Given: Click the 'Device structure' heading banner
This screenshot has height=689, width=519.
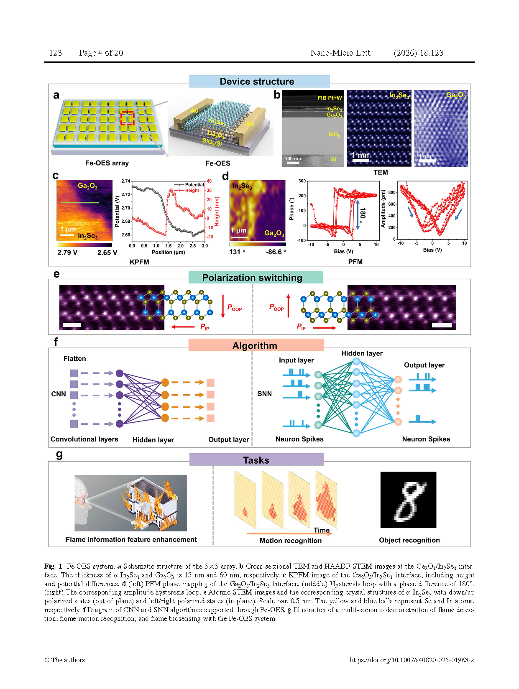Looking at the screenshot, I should [257, 82].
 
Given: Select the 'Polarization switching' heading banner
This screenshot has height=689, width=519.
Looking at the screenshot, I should [252, 278].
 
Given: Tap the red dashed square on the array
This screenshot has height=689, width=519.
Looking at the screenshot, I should [128, 118].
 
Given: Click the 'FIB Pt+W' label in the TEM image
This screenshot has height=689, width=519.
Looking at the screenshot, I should [330, 98].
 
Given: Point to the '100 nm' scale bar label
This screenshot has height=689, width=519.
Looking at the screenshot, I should [293, 158].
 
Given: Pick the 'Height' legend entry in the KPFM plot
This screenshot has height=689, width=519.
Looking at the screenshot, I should [192, 191].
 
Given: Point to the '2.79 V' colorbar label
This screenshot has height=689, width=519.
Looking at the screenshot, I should [67, 253].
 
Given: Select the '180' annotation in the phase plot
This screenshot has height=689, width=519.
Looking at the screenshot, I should [363, 213].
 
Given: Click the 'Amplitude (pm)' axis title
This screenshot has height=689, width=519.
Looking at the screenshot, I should [383, 209].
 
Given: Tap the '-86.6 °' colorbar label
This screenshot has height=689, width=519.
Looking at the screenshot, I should [276, 252].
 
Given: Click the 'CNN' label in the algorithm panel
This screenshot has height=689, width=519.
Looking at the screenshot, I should [59, 394].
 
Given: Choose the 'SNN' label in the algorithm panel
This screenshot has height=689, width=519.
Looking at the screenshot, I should [264, 393].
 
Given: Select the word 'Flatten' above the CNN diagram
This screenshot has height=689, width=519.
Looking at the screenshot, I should [74, 359].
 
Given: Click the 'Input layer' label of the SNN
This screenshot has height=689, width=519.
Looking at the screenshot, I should [296, 360].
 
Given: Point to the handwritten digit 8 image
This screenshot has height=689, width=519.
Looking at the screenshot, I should [408, 500].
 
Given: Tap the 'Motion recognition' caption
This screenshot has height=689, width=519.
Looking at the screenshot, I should [290, 541].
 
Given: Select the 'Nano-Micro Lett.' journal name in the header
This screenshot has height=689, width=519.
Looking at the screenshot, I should [341, 53].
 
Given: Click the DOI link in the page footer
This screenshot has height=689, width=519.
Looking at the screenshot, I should [412, 660].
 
